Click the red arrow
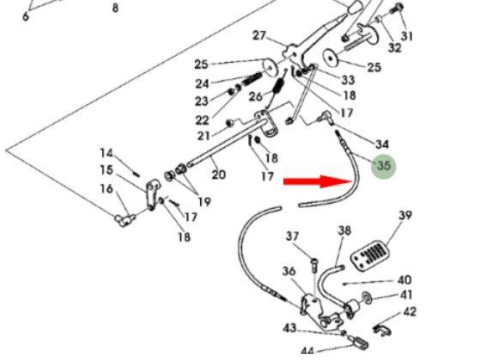click(x=319, y=181)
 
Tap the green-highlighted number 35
click(x=384, y=166)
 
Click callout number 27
click(x=259, y=35)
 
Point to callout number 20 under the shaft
click(x=218, y=174)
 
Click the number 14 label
click(x=106, y=153)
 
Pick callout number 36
click(x=289, y=272)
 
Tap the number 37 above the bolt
click(x=292, y=236)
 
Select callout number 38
click(x=344, y=230)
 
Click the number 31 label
click(x=407, y=36)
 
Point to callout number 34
click(x=382, y=143)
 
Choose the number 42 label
click(x=409, y=311)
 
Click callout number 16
click(x=106, y=188)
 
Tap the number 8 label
click(x=115, y=8)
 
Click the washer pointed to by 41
click(x=367, y=296)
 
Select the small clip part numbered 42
click(x=381, y=331)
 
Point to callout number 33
click(x=348, y=80)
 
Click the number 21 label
click(x=204, y=136)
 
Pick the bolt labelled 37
click(x=314, y=265)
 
